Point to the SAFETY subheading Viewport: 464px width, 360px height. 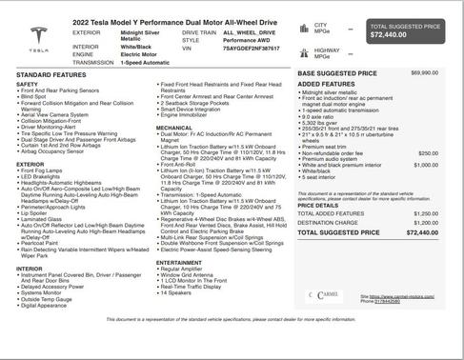(28, 84)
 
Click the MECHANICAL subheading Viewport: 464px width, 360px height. (174, 127)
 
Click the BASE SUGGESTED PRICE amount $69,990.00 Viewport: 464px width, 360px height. (424, 72)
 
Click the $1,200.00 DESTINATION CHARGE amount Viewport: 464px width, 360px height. (425, 222)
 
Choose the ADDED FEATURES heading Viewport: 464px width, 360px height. (327, 84)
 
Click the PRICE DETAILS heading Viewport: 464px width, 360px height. (317, 205)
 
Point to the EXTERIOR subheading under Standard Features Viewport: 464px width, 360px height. (30, 164)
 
